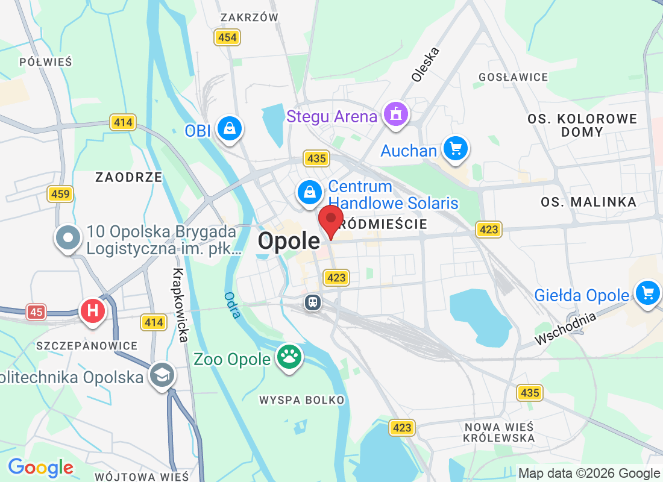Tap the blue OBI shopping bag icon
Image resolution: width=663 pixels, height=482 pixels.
click(x=230, y=128)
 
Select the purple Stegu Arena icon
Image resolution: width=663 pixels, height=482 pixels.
click(x=395, y=114)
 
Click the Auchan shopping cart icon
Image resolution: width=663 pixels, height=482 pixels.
click(x=455, y=148)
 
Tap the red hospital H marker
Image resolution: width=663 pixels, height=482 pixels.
click(x=93, y=311)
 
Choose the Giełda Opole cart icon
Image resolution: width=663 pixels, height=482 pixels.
click(x=648, y=293)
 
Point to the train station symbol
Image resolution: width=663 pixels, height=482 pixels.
click(x=313, y=302)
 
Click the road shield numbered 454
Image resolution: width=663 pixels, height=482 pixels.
click(x=227, y=37)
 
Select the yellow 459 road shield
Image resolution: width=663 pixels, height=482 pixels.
click(x=60, y=194)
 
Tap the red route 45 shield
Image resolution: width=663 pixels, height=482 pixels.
click(x=36, y=311)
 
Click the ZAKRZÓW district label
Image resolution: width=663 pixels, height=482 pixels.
click(x=250, y=17)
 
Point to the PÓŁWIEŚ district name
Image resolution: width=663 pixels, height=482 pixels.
click(x=45, y=61)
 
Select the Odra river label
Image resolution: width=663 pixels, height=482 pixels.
click(x=231, y=305)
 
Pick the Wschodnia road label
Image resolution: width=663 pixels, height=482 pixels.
click(x=565, y=330)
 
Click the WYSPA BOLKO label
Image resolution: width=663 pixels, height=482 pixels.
click(x=302, y=400)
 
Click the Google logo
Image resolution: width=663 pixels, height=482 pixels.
click(x=40, y=467)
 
